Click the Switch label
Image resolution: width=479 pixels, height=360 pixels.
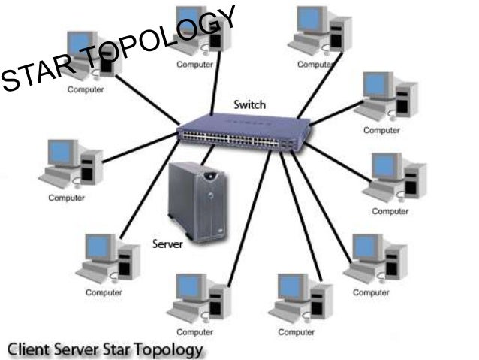tap(249, 104)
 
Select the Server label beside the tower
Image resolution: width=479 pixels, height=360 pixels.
tap(168, 244)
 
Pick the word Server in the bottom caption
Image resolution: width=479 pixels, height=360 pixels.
tap(80, 350)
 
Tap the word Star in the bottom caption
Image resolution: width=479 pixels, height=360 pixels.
tap(124, 350)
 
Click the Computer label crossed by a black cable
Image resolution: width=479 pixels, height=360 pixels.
tap(314, 65)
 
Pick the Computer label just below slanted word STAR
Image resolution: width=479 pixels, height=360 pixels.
tap(86, 89)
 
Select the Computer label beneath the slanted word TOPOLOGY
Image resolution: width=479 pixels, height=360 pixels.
tap(194, 65)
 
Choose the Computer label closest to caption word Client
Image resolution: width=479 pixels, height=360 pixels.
tap(104, 292)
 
